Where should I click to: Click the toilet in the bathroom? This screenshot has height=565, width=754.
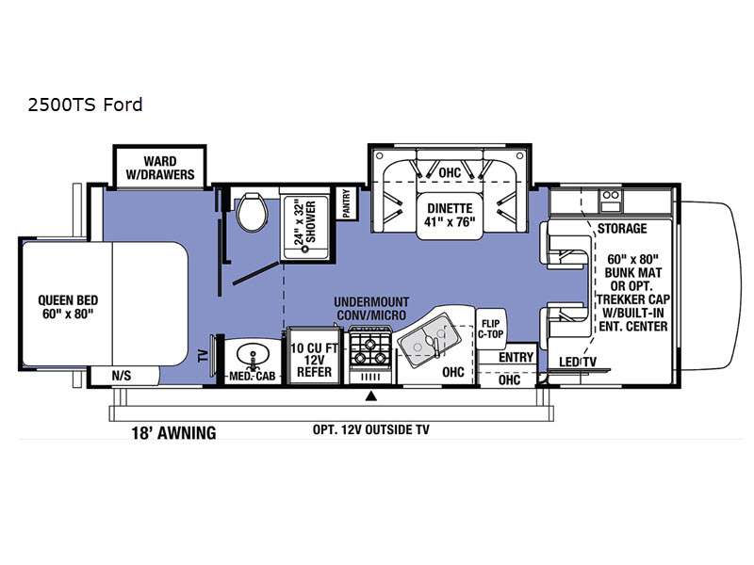click(x=252, y=212)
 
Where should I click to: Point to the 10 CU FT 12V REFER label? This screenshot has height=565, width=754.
click(x=315, y=360)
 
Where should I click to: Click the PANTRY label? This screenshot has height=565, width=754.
click(x=347, y=202)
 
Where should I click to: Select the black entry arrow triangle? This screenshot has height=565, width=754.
click(x=370, y=395)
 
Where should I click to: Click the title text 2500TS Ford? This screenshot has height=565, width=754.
click(x=85, y=105)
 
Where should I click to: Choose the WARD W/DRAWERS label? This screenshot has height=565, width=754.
click(x=160, y=168)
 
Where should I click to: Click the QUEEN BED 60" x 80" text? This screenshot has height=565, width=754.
click(x=68, y=307)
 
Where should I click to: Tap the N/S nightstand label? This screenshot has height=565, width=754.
click(x=122, y=375)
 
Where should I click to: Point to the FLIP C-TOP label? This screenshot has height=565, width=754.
click(x=490, y=329)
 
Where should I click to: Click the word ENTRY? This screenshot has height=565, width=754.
click(x=516, y=357)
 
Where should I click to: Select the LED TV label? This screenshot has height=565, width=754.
click(x=578, y=362)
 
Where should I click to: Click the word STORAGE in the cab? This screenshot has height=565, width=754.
click(x=622, y=228)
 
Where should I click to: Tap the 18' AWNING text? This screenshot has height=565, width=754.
click(x=173, y=433)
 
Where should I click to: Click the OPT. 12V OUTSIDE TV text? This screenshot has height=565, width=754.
click(x=370, y=429)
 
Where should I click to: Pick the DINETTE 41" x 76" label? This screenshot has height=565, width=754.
click(x=451, y=215)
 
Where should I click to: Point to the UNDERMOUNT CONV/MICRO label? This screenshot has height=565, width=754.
click(x=371, y=309)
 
